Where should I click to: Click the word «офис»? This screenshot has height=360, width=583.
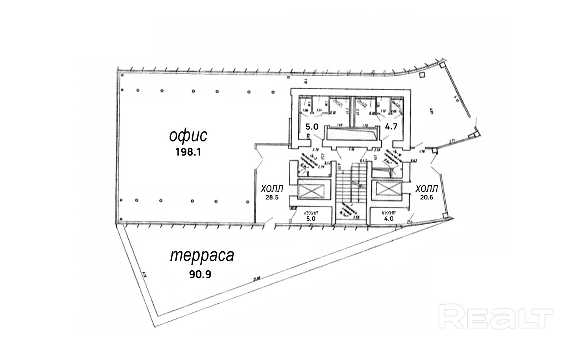188,136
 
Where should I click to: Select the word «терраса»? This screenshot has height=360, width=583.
202,256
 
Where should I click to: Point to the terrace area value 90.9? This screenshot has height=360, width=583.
200,274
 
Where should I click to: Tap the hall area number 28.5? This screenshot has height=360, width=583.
272,198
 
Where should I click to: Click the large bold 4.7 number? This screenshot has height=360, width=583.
391,127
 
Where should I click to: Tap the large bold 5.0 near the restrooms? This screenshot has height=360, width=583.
312,127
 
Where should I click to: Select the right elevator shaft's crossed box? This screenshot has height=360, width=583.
388,190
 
